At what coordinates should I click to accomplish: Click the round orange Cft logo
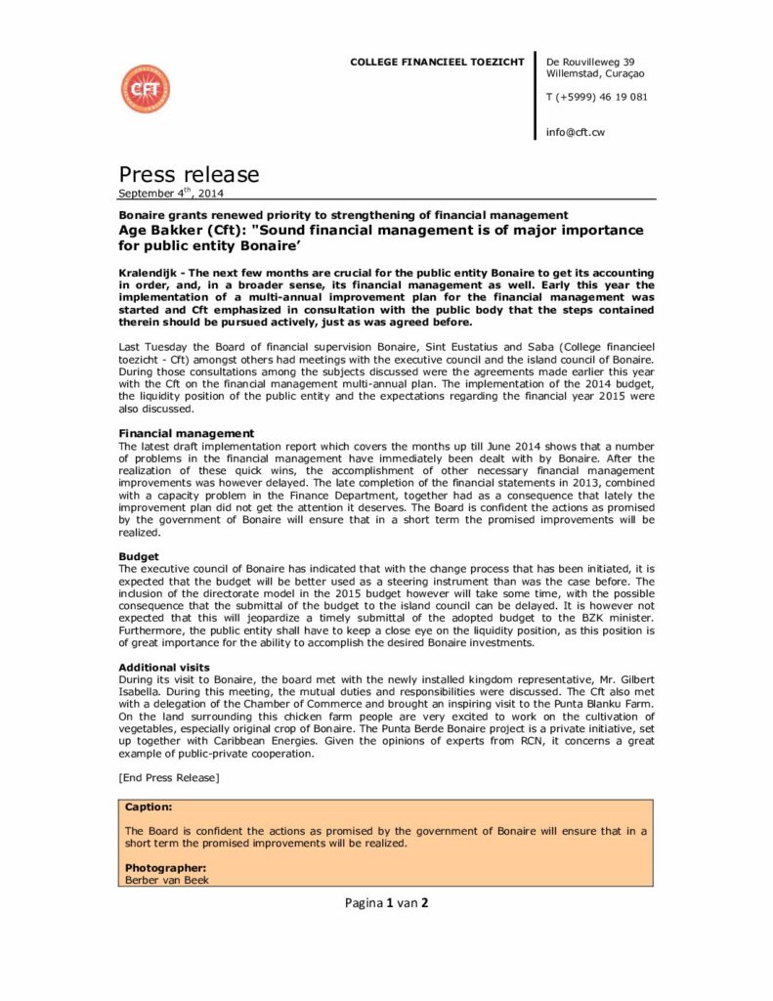[x=145, y=89]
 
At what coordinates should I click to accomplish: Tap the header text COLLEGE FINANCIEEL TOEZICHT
[x=437, y=63]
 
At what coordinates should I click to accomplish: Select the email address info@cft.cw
[x=576, y=132]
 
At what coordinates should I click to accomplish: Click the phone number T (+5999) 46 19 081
[x=596, y=97]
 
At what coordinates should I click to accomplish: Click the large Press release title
[x=190, y=175]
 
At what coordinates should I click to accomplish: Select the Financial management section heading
[x=187, y=433]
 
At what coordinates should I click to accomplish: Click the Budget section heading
[x=139, y=555]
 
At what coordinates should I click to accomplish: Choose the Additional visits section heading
[x=164, y=667]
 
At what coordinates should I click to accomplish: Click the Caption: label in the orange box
[x=150, y=807]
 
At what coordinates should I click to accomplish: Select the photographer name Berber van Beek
[x=167, y=879]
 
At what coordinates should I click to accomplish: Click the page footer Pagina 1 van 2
[x=386, y=902]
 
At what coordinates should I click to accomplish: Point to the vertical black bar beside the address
[x=536, y=96]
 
